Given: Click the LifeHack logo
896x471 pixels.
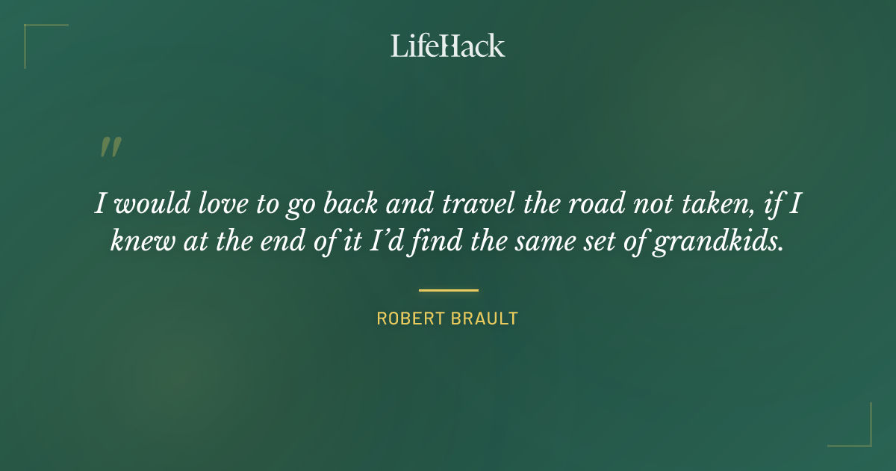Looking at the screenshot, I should pyautogui.click(x=448, y=46).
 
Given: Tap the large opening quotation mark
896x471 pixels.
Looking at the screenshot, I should pyautogui.click(x=111, y=147).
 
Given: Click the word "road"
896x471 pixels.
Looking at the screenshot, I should pyautogui.click(x=594, y=204).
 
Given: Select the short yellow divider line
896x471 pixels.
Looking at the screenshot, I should pyautogui.click(x=448, y=290).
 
